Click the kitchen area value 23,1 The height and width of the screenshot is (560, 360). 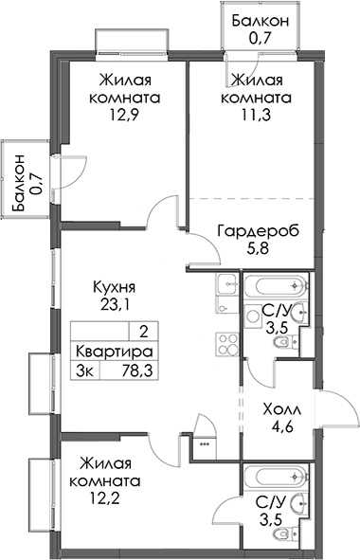click(113, 305)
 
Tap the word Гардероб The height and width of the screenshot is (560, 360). click(259, 231)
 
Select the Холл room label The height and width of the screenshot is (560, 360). click(282, 409)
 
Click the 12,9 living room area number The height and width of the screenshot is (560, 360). click(124, 115)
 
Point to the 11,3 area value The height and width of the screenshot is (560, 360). click(257, 115)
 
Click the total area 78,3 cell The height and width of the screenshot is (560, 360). click(137, 370)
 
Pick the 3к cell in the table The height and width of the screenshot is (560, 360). click(85, 370)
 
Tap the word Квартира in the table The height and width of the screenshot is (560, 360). click(115, 352)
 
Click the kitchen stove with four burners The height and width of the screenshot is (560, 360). click(226, 344)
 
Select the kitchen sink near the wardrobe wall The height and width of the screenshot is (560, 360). click(226, 284)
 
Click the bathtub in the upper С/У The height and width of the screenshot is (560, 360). click(276, 286)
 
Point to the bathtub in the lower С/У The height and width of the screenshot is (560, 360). click(276, 477)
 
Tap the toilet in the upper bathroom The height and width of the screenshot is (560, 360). click(285, 343)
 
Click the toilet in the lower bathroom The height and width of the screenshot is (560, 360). click(285, 533)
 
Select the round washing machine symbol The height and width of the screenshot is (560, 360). click(254, 316)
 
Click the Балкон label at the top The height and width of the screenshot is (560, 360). click(261, 22)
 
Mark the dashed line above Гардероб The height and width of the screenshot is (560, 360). click(251, 198)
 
